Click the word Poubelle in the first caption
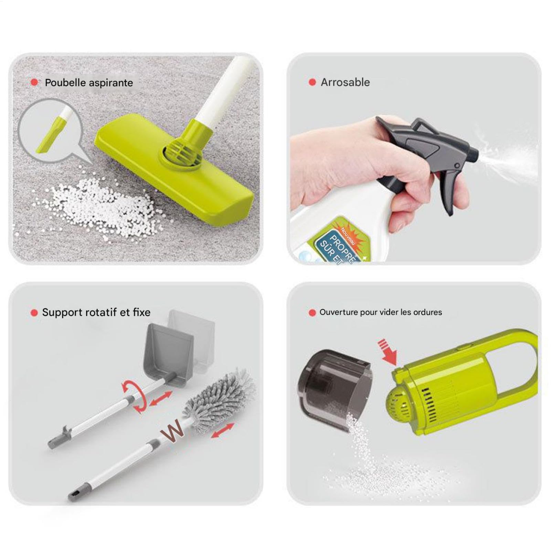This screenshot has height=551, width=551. pyautogui.click(x=65, y=83)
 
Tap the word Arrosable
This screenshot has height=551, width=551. pyautogui.click(x=345, y=82)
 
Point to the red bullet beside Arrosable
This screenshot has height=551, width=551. pyautogui.click(x=312, y=82)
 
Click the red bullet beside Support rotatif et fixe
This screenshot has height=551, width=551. pyautogui.click(x=34, y=312)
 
